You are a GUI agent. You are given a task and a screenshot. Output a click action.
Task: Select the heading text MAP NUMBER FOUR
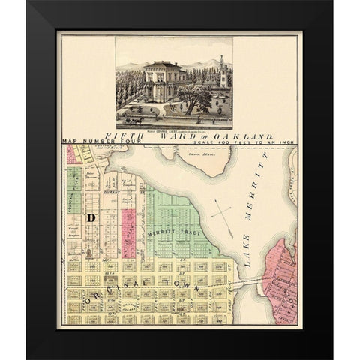92,141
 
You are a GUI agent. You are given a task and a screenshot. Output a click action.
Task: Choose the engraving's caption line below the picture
173,125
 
